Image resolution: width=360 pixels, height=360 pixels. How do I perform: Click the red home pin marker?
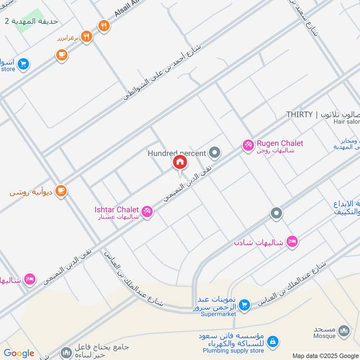(179, 162)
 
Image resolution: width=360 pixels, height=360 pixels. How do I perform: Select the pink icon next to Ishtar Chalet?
(147, 211)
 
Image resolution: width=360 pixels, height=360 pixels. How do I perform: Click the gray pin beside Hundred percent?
(216, 153)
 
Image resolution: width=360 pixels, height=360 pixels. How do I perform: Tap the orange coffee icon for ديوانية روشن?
(61, 191)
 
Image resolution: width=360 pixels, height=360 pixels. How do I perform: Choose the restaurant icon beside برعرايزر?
(87, 37)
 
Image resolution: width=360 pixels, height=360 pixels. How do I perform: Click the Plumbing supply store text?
(233, 351)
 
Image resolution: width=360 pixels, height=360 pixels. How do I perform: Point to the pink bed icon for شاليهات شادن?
(292, 242)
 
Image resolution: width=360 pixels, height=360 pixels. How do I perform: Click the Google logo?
(19, 353)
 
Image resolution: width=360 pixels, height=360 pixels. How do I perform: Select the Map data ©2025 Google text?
(325, 355)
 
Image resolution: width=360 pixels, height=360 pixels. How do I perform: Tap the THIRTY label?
(299, 115)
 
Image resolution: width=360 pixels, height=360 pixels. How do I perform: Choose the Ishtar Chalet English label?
(117, 210)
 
